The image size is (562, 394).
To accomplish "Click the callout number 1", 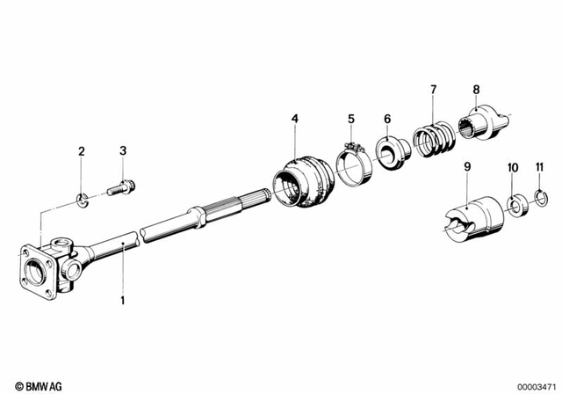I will coord(123,300).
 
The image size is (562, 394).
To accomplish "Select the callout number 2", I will coord(82,152).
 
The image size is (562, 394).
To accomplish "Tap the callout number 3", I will coord(122,152).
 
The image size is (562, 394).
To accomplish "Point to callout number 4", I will coord(295,118).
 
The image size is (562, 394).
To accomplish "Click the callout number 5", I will coord(350,118).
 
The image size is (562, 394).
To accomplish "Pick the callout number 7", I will coord(433,89).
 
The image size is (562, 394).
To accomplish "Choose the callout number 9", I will coord(467,165).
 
